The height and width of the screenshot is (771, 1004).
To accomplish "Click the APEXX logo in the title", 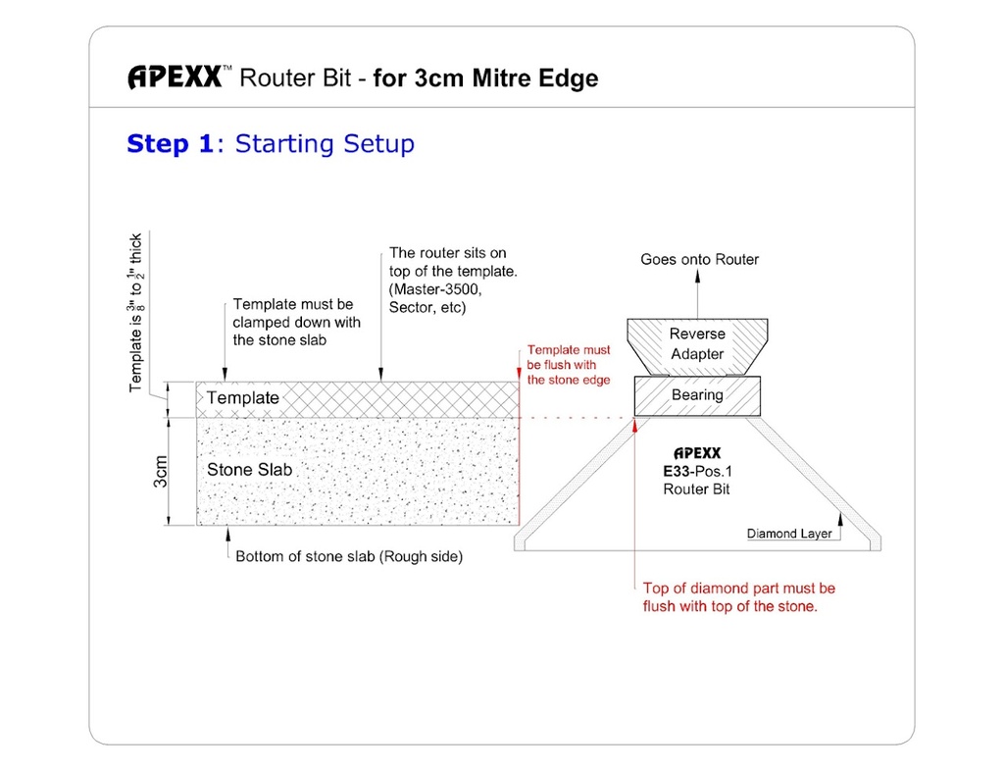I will pos(175,77).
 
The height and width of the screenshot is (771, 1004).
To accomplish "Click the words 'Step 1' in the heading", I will pos(170,144).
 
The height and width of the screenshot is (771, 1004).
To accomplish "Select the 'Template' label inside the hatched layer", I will pos(243,398).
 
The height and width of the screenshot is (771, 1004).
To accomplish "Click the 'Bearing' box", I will pos(697,395).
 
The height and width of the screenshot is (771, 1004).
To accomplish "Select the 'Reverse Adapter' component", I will pos(697,344).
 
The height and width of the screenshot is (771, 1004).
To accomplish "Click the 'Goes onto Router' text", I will pos(699,259).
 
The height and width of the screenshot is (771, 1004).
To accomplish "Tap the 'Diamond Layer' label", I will pos(789,534).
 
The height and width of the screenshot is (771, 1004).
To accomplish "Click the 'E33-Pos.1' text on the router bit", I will pos(697,471).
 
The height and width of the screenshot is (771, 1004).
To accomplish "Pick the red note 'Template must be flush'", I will pos(569,364).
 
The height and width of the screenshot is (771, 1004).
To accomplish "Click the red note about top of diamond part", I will pos(738,597).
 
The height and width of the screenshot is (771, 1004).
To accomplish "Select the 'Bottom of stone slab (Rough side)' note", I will pos(349,556).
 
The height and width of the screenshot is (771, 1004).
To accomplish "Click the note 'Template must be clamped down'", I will pos(296,322).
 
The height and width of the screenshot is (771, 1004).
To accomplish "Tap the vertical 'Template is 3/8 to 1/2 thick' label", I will pos(137,312).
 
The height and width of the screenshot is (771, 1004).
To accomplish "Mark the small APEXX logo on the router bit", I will pos(697,453).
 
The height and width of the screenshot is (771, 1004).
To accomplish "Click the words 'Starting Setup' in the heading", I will pos(325,144).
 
